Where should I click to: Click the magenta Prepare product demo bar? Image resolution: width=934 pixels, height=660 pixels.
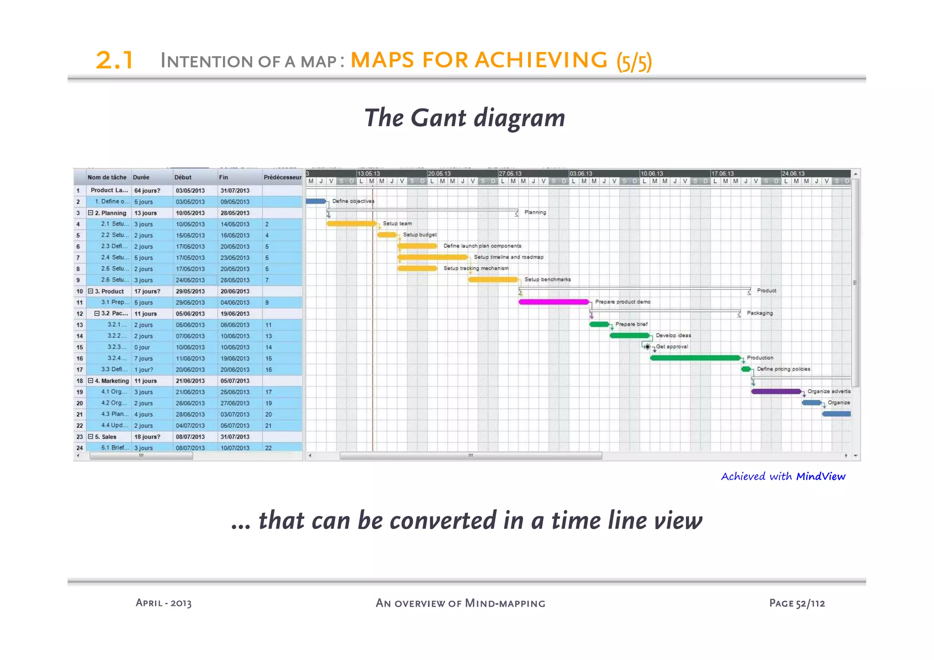(x=554, y=302)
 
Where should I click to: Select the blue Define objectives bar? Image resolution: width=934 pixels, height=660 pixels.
(x=316, y=201)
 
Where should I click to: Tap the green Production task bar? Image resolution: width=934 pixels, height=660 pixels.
(x=695, y=358)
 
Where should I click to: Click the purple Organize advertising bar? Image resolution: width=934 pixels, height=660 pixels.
(x=776, y=391)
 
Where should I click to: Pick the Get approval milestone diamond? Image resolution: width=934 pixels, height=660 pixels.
(x=647, y=347)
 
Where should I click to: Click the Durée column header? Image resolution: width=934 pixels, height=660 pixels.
(x=141, y=177)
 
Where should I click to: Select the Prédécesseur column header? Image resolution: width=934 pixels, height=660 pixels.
(x=282, y=177)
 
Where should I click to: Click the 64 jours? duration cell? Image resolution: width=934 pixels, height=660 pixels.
(x=147, y=191)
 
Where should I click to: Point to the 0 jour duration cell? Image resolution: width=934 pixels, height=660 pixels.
(x=142, y=348)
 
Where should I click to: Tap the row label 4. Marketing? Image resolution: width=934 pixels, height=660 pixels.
(x=112, y=381)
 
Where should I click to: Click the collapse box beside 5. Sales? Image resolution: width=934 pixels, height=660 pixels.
(x=90, y=437)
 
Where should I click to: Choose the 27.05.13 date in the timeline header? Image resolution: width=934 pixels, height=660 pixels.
(x=510, y=174)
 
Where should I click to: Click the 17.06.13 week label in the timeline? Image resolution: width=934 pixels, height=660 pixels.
(x=723, y=174)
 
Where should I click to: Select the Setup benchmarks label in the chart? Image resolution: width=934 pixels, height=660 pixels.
(x=547, y=280)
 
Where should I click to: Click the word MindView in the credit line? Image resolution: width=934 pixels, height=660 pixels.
(x=820, y=477)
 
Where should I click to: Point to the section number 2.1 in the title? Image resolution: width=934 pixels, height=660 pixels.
(x=114, y=60)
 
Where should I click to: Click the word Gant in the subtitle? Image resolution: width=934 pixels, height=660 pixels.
(x=438, y=118)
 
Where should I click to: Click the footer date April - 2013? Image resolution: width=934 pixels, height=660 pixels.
(x=163, y=603)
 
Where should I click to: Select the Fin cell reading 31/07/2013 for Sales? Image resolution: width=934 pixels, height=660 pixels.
(x=235, y=437)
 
